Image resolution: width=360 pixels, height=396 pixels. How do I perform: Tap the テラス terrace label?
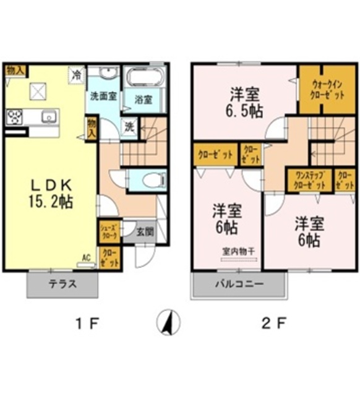(x=62, y=285)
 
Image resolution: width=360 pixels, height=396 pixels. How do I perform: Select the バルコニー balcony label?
(x=239, y=285)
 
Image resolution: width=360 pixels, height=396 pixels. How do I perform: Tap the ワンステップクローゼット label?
(x=308, y=181)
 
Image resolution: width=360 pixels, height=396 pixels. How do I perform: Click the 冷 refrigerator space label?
(x=77, y=75)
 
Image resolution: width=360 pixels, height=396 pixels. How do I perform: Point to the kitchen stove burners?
(x=15, y=116)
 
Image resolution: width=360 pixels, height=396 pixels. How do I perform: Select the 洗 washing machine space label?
(x=129, y=127)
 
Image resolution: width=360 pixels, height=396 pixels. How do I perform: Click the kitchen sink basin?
(x=48, y=116)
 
